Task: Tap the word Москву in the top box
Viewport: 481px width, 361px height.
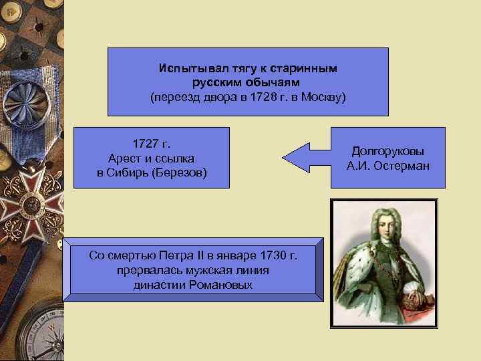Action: tap(321, 97)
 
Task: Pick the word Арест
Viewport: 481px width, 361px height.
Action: tap(124, 158)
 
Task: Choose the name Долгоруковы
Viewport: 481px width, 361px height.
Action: tap(388, 151)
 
